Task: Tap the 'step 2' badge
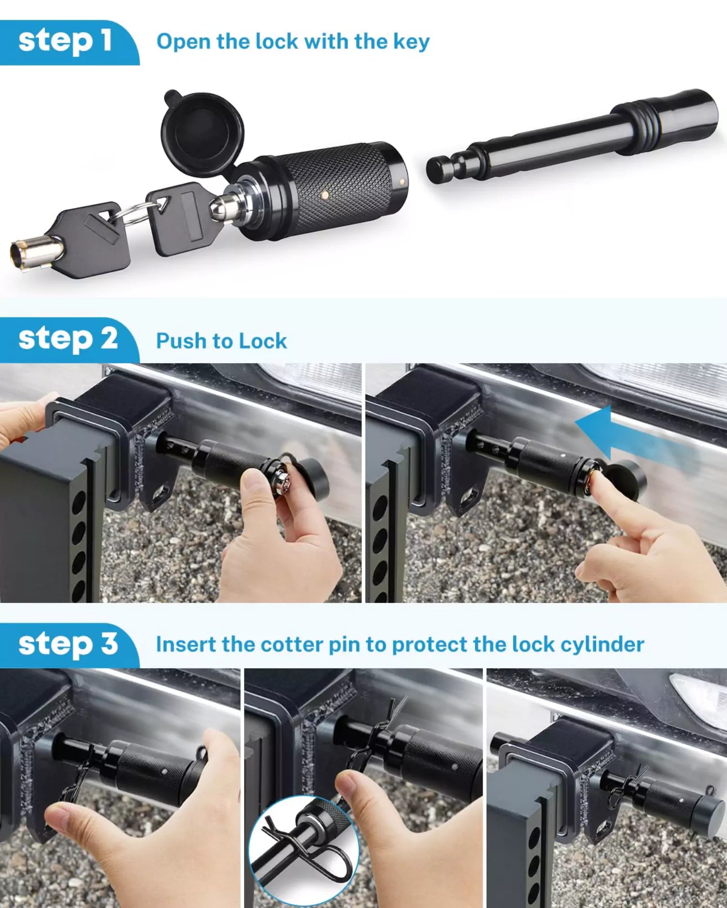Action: click(x=68, y=339)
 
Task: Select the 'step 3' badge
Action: click(x=68, y=645)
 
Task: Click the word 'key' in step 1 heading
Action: click(x=411, y=42)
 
